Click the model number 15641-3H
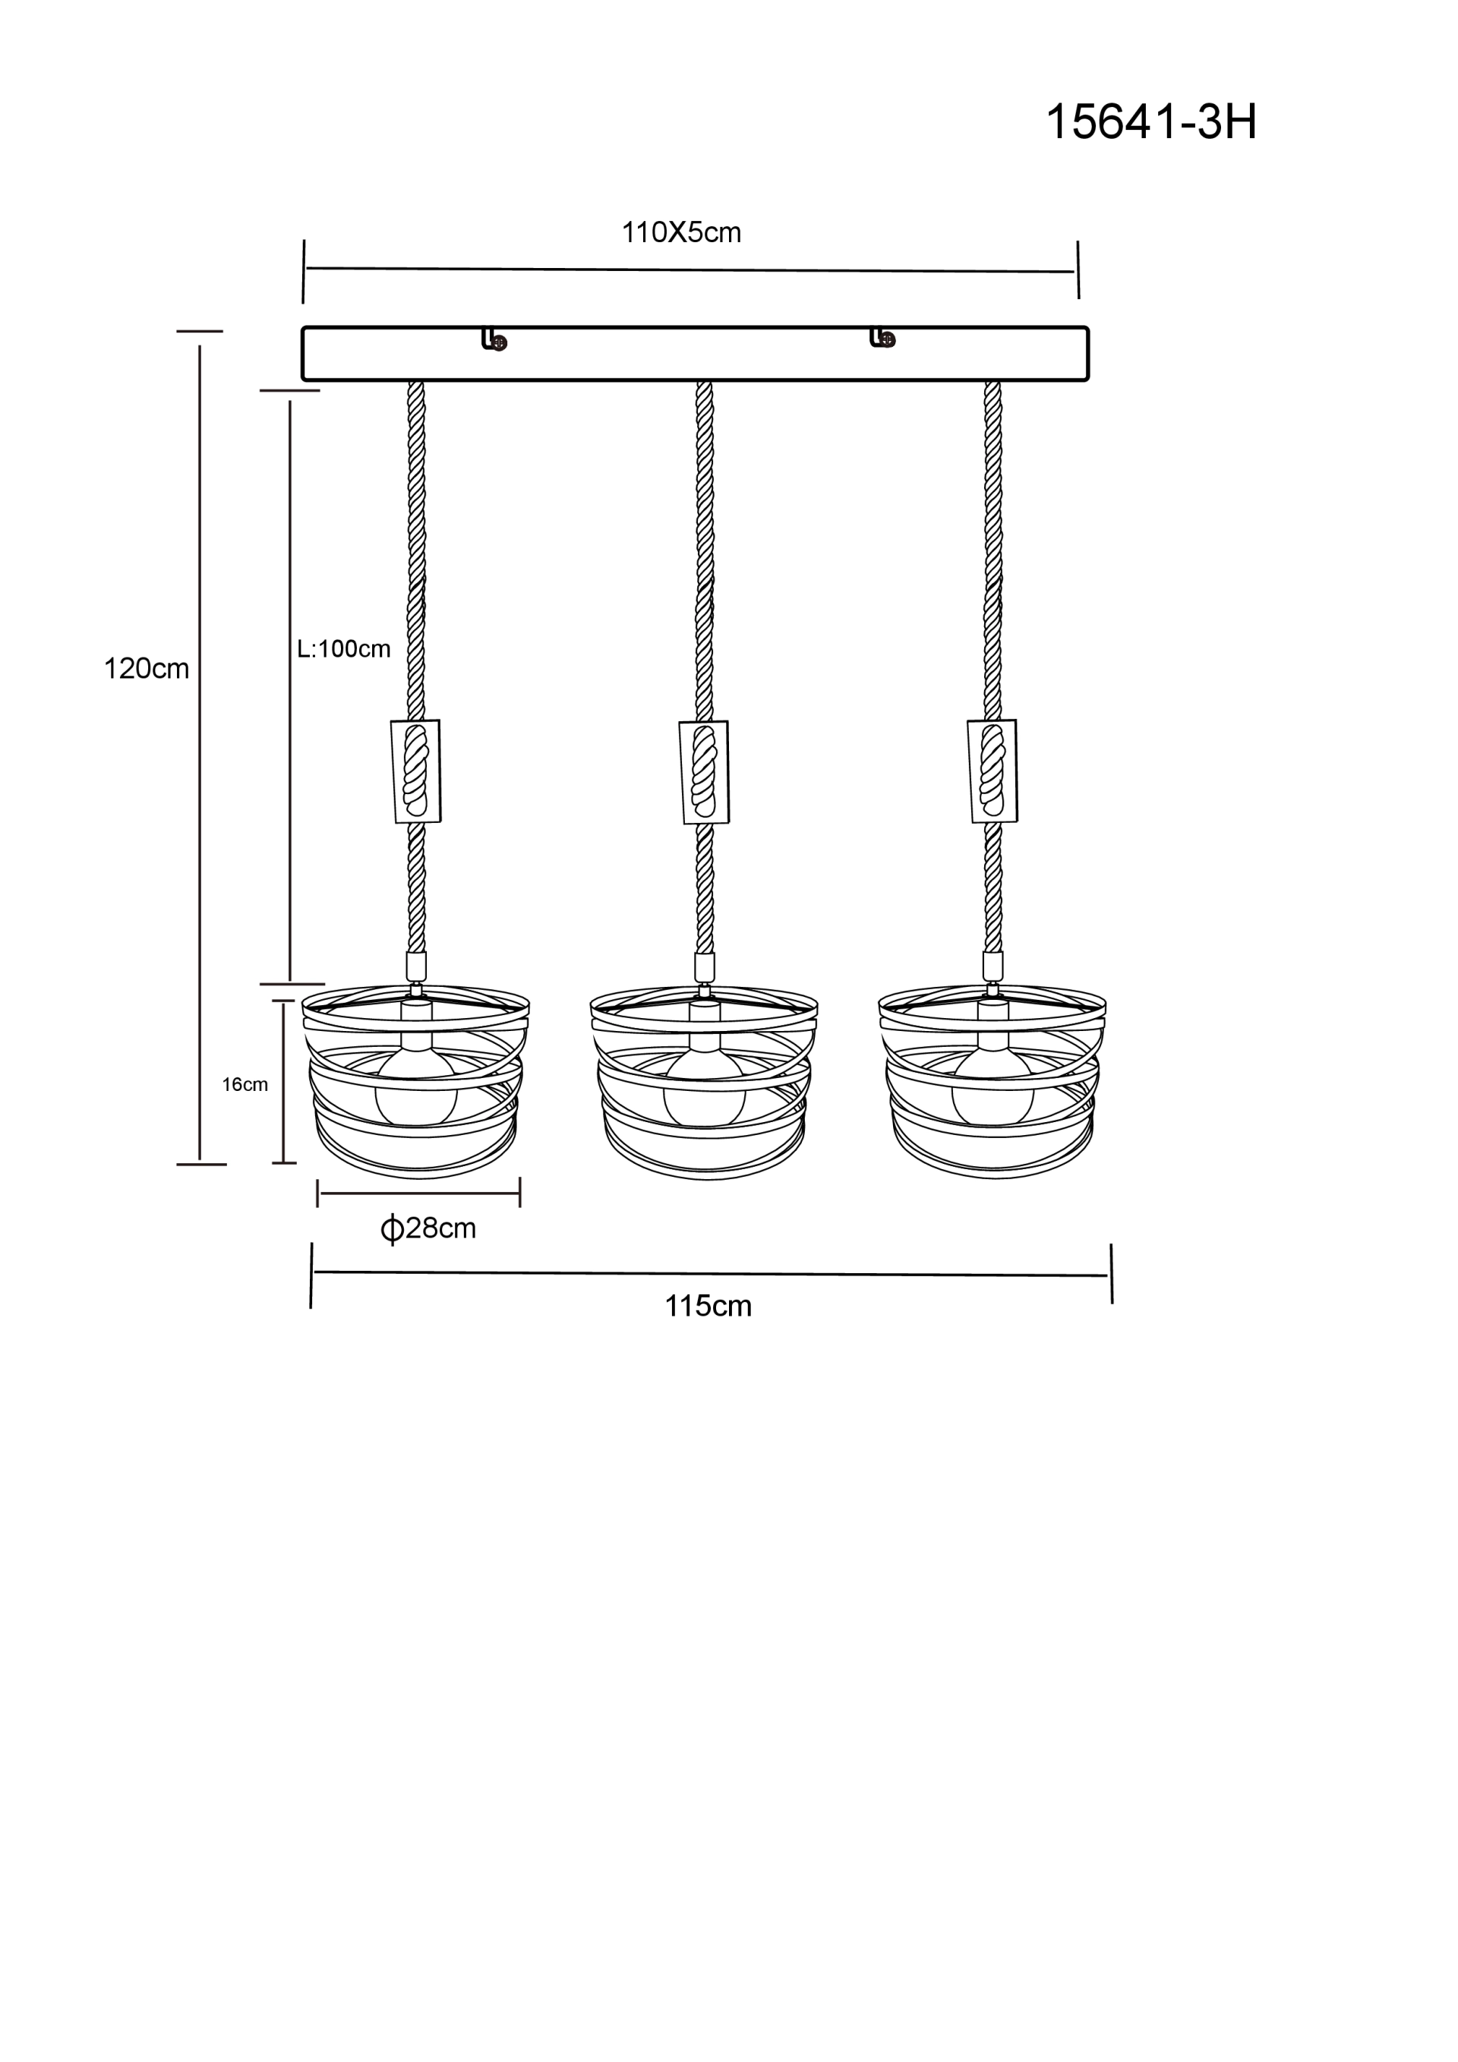[1150, 121]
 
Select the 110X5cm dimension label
[681, 232]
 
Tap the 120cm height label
[147, 668]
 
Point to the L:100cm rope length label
[343, 648]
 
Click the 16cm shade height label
[245, 1084]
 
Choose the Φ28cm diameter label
[428, 1228]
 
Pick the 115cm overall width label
[708, 1306]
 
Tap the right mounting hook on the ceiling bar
[882, 337]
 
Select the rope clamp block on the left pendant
[416, 771]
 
